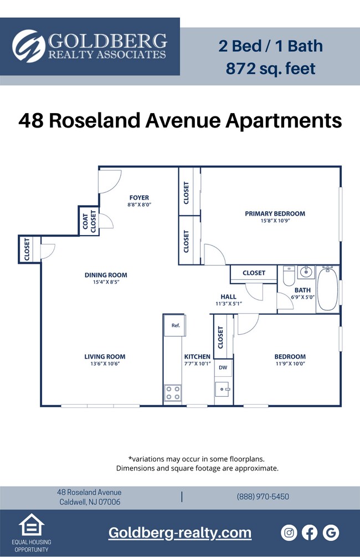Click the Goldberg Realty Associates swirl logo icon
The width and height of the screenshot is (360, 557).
pos(29,47)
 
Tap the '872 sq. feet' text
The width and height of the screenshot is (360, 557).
pos(270,69)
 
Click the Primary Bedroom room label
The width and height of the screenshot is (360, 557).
pos(275,213)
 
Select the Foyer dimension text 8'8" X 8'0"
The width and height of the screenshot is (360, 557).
pos(139,205)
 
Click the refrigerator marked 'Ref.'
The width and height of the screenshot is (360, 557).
pos(175,325)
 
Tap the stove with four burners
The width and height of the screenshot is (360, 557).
pos(173,393)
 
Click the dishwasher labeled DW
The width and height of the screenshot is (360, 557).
pos(223,367)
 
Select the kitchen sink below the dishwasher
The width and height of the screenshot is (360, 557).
pos(223,389)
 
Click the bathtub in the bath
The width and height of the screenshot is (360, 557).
pos(327,289)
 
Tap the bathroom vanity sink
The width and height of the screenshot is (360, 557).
pos(306,272)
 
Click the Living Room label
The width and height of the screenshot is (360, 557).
pos(105,357)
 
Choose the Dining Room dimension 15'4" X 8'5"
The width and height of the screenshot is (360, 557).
pos(106,282)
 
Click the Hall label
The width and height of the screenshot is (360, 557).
pos(228,297)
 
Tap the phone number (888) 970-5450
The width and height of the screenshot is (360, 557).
pos(263,497)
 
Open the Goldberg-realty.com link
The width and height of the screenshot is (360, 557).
pos(180,533)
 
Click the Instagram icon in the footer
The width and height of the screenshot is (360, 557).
pos(289,533)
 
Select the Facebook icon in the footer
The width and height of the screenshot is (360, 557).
pos(310,533)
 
